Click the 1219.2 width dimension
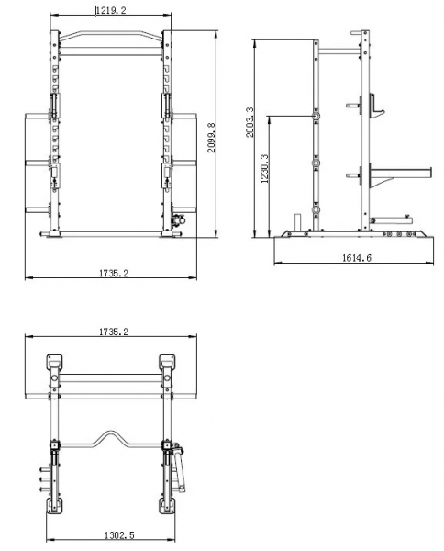click(111, 10)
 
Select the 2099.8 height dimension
click(211, 138)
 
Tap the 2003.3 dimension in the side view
click(250, 122)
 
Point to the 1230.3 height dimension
click(264, 168)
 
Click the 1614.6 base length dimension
click(357, 258)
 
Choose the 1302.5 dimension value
click(119, 535)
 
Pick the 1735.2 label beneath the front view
click(114, 273)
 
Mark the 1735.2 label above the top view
click(114, 332)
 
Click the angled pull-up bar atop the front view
click(111, 32)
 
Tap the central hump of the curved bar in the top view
click(111, 432)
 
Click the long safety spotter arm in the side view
click(401, 173)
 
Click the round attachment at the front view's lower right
click(179, 220)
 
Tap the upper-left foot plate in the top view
click(54, 361)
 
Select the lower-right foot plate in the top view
click(168, 506)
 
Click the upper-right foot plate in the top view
click(168, 361)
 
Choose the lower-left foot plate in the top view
click(54, 506)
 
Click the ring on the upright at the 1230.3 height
click(316, 116)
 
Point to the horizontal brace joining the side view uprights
click(339, 51)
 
